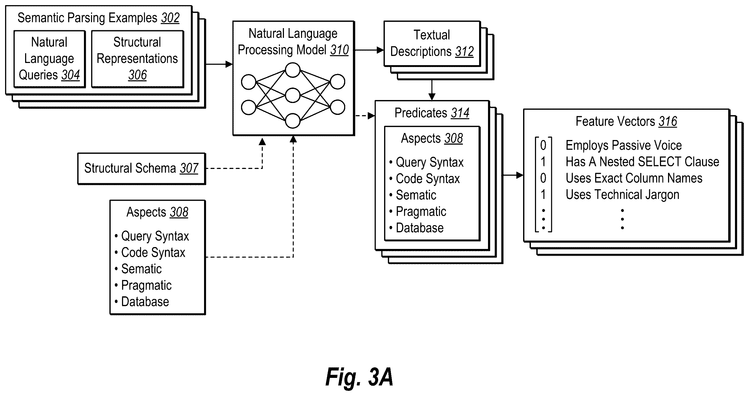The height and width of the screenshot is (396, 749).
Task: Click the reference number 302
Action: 170,18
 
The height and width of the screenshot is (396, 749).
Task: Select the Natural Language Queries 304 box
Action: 49,59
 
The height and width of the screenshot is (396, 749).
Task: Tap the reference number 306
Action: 138,75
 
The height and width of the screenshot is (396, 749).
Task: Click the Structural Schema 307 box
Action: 142,169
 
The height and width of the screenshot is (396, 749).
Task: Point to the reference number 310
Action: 339,50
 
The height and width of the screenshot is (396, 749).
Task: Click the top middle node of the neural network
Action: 293,70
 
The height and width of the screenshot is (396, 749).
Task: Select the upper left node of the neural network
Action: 249,82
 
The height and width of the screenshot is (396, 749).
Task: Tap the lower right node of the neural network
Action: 337,107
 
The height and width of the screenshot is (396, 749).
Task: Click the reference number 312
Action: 464,52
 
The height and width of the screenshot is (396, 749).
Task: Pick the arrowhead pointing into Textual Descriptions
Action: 380,50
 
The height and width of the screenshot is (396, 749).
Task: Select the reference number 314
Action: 460,113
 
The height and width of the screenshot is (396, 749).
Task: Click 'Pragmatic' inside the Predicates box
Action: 421,212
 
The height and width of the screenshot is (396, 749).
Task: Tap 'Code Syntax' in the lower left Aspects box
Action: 153,252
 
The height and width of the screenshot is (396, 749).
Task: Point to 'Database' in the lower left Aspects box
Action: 145,302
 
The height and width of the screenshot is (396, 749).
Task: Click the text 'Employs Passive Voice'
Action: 624,146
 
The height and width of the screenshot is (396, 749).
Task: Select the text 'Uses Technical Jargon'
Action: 622,195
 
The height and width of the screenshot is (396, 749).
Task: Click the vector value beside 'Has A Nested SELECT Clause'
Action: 543,162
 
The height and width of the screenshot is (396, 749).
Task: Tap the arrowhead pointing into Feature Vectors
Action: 520,175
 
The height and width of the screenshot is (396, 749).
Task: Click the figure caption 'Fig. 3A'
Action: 359,377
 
